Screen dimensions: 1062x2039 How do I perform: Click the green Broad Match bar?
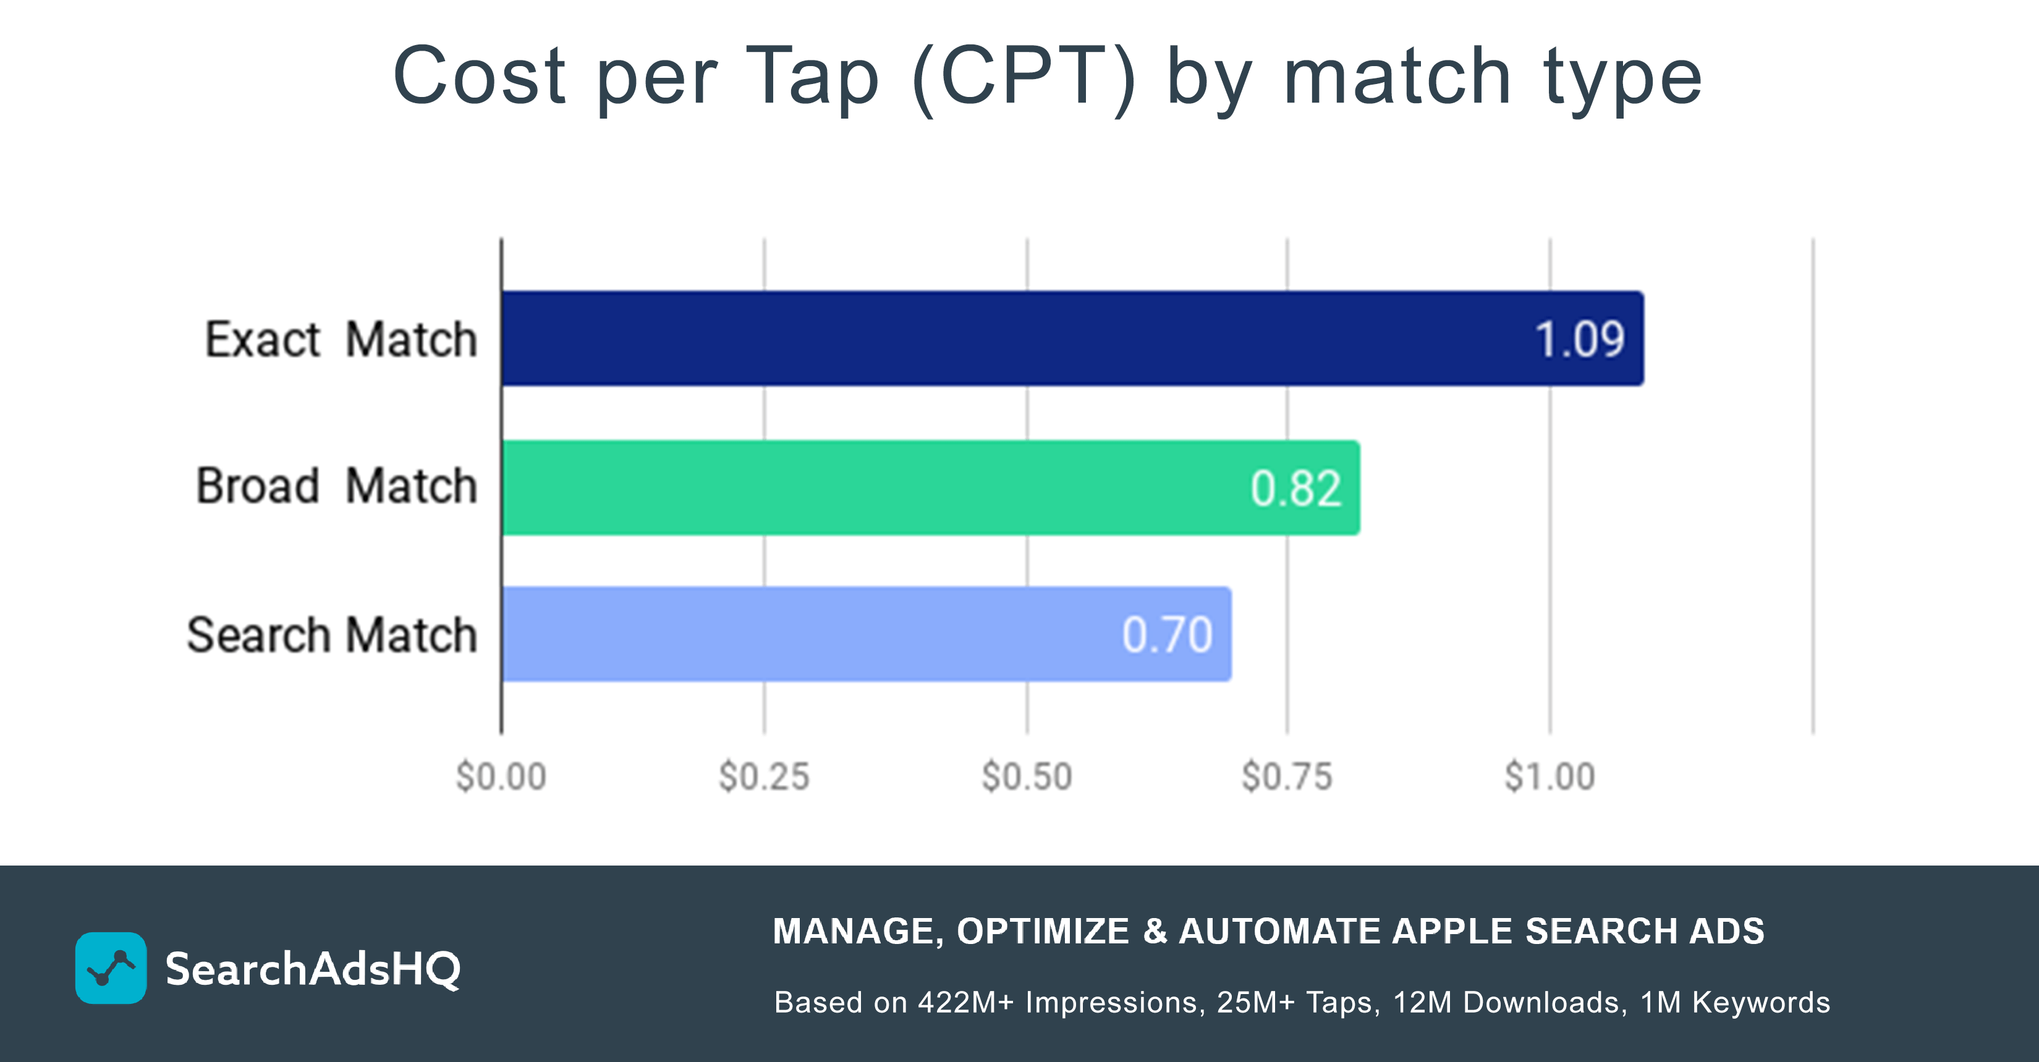(871, 487)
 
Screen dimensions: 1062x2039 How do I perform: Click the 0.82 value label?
(1295, 488)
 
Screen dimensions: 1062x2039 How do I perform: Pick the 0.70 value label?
(1167, 634)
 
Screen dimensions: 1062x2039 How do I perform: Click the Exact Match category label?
(341, 340)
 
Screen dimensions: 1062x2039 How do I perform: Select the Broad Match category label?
(336, 485)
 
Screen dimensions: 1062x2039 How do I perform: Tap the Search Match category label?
(332, 634)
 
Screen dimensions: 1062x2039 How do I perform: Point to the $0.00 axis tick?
(501, 777)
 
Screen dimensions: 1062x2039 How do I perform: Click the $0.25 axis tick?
(764, 777)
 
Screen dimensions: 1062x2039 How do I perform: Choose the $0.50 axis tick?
(1027, 777)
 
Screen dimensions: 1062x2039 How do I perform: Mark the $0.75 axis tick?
(1287, 777)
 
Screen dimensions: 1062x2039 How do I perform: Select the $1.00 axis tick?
(1549, 777)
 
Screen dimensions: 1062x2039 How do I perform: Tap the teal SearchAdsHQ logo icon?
(111, 968)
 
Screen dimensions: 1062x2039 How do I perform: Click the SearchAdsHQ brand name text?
(313, 969)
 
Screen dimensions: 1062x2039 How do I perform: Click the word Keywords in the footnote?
(1760, 1003)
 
